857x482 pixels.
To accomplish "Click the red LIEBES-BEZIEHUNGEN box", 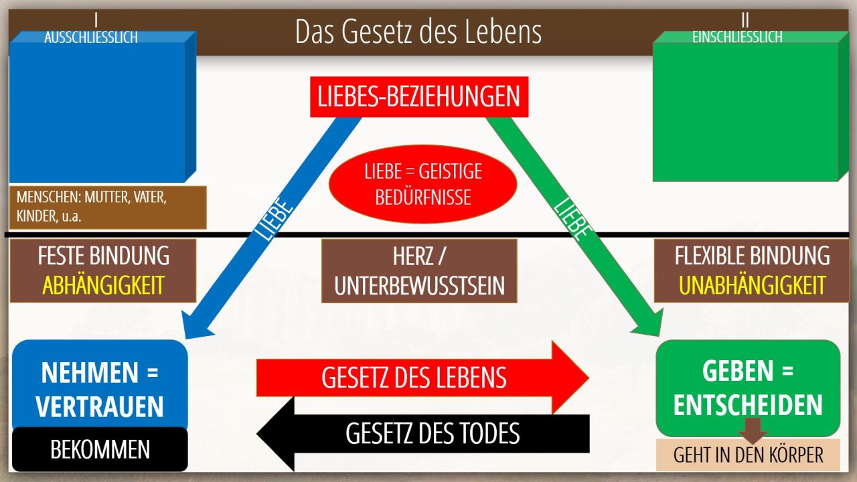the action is click(419, 97).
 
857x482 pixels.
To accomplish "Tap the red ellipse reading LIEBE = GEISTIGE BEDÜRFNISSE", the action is click(422, 184).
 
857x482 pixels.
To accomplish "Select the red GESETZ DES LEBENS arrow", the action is click(422, 378).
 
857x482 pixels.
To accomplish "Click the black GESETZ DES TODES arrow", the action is click(422, 433).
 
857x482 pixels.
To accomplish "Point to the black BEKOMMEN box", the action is click(100, 449).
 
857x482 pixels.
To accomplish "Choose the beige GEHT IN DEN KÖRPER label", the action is click(748, 455).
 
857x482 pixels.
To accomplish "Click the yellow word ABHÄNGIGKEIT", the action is click(103, 285).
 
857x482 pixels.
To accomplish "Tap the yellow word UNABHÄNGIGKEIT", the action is click(752, 285).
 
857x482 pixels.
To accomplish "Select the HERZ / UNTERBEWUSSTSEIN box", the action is click(419, 271).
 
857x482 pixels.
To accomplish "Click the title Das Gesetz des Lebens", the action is click(418, 31).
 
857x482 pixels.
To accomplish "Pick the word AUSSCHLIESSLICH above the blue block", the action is click(91, 37).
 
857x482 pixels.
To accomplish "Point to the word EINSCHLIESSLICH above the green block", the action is click(737, 37).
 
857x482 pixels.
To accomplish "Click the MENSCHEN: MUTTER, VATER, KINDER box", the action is click(108, 208).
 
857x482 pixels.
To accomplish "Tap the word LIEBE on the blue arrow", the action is click(274, 219).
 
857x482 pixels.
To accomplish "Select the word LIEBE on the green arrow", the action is click(572, 219).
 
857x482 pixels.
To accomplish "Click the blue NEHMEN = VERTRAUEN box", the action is click(100, 386).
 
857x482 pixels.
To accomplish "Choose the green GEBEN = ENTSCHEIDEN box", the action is click(748, 388).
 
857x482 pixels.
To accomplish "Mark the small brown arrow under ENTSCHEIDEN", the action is click(753, 431).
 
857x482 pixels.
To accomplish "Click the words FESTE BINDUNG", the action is click(103, 256).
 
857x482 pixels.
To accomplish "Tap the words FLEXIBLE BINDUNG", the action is click(752, 256).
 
